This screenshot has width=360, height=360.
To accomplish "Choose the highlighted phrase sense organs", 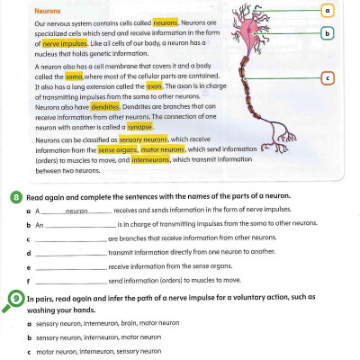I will click(117, 150).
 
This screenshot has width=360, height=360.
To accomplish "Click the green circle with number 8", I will click(17, 194).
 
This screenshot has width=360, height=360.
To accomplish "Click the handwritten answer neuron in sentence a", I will click(76, 210).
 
